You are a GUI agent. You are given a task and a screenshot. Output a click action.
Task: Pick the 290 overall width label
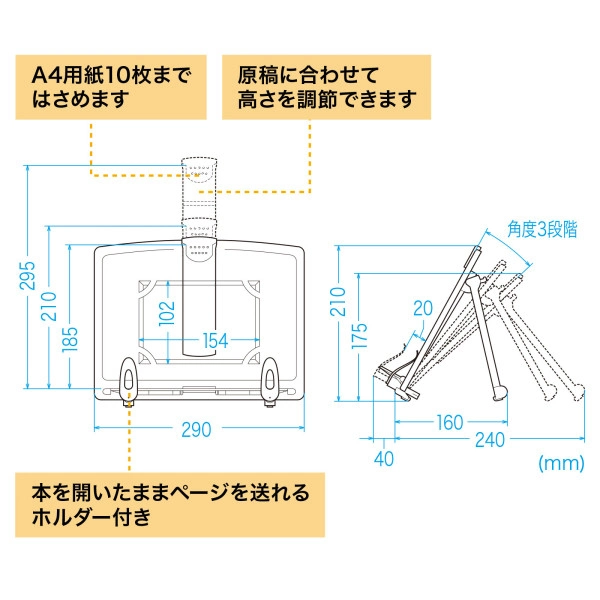click(x=196, y=430)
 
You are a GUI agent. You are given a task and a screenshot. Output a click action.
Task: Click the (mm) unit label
click(x=560, y=463)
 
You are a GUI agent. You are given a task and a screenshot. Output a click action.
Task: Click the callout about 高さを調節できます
click(x=325, y=87)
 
